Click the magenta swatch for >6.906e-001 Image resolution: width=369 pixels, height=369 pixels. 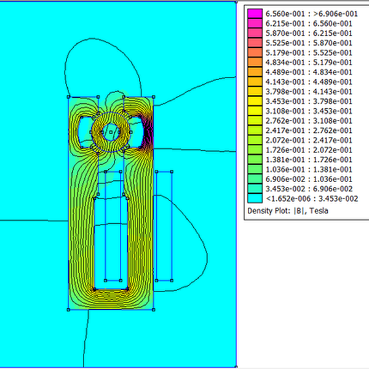click(x=255, y=14)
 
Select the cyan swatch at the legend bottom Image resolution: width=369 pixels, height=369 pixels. click(x=255, y=199)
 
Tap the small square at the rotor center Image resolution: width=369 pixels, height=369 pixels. click(x=110, y=132)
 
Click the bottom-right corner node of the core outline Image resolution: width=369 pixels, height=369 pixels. click(x=153, y=310)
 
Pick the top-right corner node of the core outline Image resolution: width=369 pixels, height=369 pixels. click(x=153, y=97)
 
